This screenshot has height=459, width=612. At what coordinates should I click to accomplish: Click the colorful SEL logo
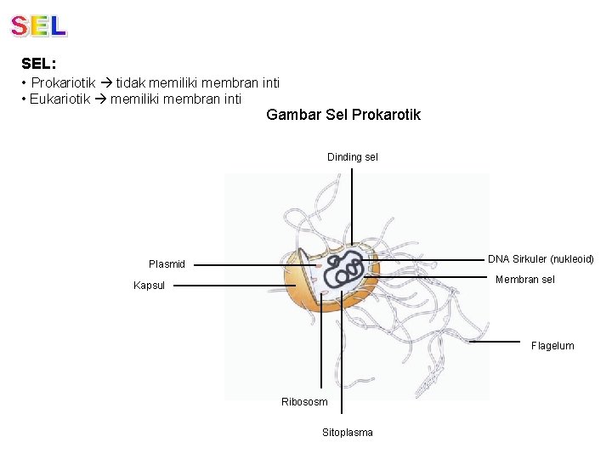(x=39, y=25)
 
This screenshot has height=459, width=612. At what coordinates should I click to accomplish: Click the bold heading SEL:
(x=39, y=64)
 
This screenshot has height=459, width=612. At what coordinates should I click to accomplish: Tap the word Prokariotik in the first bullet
(x=63, y=83)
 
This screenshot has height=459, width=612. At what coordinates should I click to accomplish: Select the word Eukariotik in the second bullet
(x=61, y=99)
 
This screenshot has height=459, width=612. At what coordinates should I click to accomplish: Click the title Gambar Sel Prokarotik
(x=343, y=115)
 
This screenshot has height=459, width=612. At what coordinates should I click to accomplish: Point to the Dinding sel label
(x=353, y=156)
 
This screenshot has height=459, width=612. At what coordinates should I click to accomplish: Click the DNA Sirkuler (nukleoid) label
(x=541, y=259)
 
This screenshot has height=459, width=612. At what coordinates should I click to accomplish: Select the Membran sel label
(x=524, y=280)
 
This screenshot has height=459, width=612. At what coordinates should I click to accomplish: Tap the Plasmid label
(x=167, y=264)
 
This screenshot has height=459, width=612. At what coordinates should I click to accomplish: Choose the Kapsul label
(x=149, y=286)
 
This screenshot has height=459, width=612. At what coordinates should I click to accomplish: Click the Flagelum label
(x=552, y=346)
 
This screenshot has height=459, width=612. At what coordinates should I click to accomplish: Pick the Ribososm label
(x=304, y=402)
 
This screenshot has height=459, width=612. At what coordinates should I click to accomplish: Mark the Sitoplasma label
(x=347, y=433)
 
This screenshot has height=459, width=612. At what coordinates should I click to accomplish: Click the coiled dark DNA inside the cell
(x=347, y=270)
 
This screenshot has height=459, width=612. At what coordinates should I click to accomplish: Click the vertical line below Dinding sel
(x=353, y=204)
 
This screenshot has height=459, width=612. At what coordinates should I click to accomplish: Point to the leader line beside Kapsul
(x=229, y=286)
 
